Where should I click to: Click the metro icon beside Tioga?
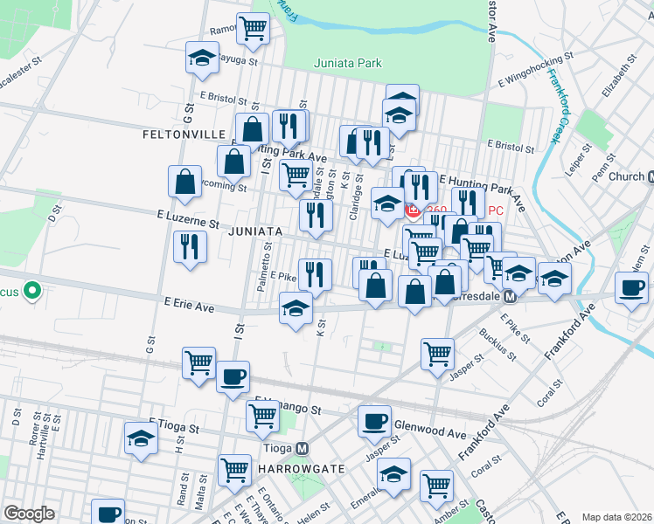point(303,448)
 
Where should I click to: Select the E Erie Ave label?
point(189,306)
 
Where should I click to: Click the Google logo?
point(29,513)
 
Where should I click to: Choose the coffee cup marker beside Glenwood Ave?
point(374,421)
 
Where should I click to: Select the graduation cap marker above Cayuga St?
point(202,58)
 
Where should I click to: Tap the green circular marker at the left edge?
point(31,289)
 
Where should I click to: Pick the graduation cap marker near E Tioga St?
point(141,440)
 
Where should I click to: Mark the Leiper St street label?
point(581,156)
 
